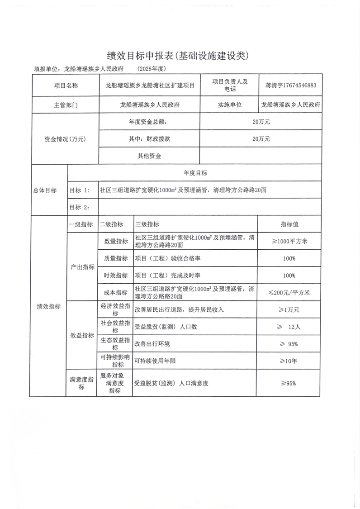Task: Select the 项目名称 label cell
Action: pos(66,85)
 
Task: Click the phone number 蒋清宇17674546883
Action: pos(291,85)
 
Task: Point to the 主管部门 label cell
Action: pos(66,105)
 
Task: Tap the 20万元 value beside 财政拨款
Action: pos(261,139)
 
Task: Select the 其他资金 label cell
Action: pos(150,156)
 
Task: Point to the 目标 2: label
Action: pos(79,207)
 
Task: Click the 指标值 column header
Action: pos(289,224)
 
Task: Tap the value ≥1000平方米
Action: pos(289,241)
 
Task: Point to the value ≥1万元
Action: pos(289,310)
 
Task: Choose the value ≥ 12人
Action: pos(289,327)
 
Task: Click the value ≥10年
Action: pos(289,361)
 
